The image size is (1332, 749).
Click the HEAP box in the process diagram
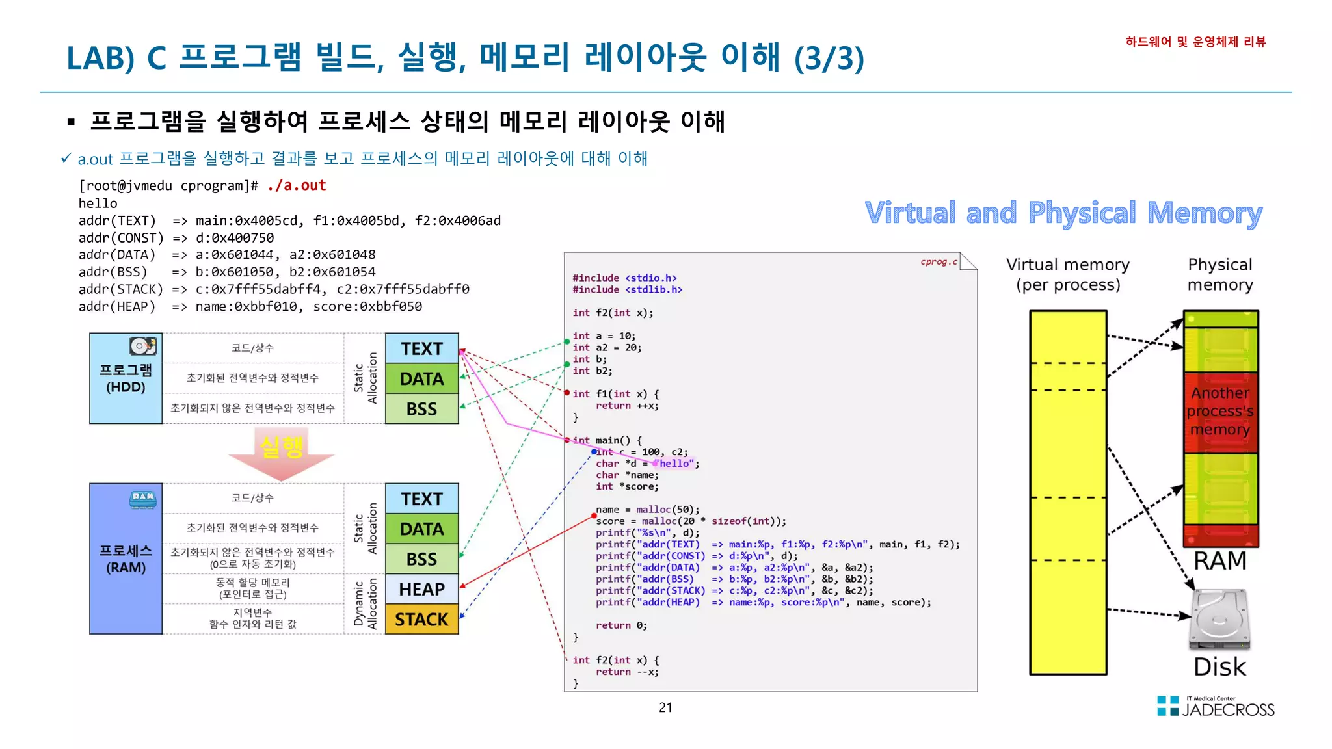(x=421, y=589)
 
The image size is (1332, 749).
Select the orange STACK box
(x=421, y=619)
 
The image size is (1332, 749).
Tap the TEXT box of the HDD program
(x=421, y=348)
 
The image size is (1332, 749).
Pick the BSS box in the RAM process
(x=421, y=559)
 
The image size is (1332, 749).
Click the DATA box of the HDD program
(x=421, y=378)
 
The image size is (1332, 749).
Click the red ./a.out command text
(x=297, y=185)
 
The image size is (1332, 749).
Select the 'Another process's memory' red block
(x=1220, y=412)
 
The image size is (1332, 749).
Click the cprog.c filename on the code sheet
(x=939, y=262)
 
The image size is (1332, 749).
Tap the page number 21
(x=665, y=707)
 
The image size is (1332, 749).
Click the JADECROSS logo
(x=1216, y=707)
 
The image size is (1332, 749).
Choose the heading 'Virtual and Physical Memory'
(x=1063, y=213)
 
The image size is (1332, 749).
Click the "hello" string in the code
(x=676, y=464)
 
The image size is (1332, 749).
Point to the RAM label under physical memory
(x=1220, y=560)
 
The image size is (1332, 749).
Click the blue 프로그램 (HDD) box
(x=126, y=378)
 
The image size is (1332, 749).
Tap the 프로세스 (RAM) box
(x=126, y=559)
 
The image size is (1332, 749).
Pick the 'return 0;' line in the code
(x=621, y=625)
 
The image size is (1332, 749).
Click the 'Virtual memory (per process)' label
(x=1068, y=274)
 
